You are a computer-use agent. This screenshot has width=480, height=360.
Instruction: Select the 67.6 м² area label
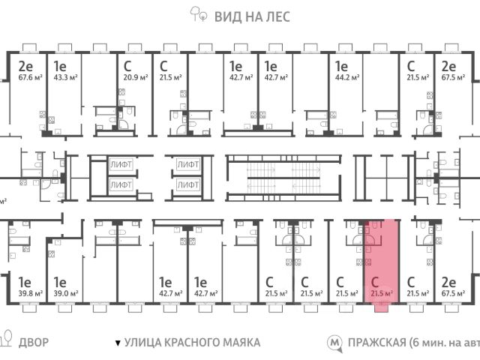pos(29,76)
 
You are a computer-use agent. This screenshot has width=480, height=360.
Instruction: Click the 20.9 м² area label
pos(136,76)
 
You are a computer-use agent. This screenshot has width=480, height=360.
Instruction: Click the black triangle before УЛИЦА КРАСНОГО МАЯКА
pos(117,343)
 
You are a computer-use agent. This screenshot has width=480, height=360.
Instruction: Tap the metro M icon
pos(334,343)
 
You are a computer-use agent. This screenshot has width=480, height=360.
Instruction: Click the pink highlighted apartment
pos(381,259)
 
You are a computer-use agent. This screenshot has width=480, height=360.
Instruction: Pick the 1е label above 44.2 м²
pos(342,64)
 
